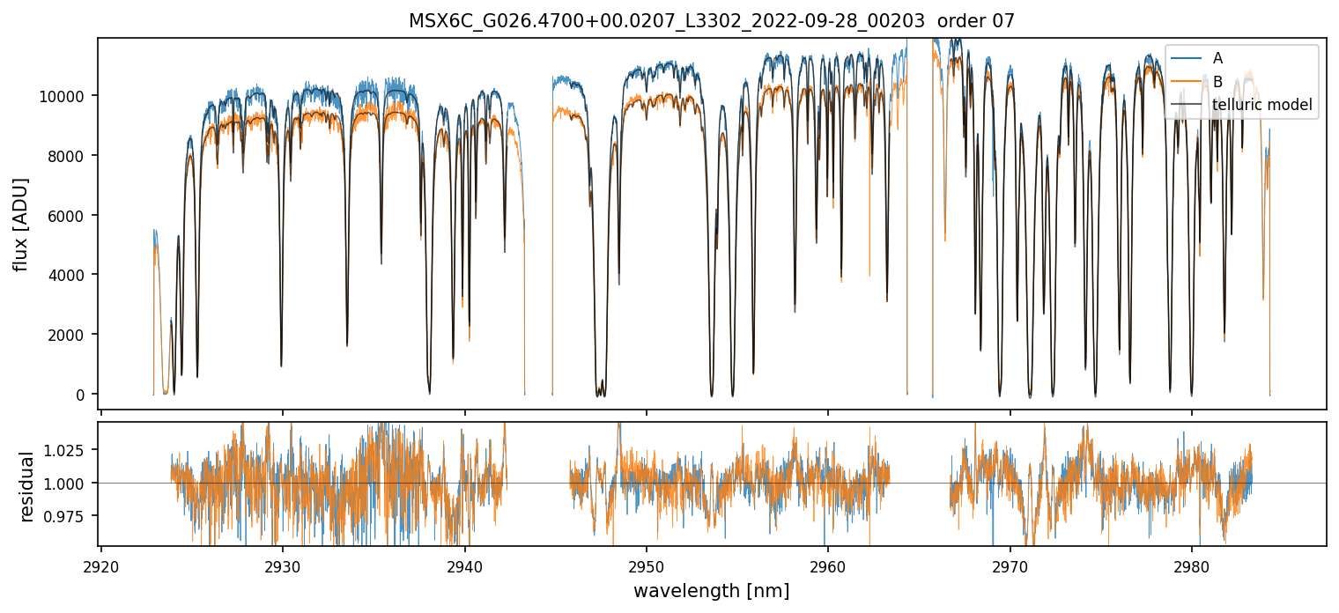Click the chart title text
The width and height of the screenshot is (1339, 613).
(711, 21)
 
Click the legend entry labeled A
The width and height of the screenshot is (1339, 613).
(1217, 58)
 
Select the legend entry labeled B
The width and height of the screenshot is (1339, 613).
(1217, 82)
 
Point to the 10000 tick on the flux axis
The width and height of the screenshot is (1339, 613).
(63, 96)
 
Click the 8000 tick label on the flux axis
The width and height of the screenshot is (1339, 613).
(67, 156)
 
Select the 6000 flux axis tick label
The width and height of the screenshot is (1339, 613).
(67, 216)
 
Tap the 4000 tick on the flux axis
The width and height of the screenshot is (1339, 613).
(67, 275)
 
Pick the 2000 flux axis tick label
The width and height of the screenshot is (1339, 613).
(67, 335)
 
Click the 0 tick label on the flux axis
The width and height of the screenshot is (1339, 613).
(80, 395)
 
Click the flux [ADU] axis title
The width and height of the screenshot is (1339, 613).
(20, 224)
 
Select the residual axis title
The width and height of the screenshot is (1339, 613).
(26, 486)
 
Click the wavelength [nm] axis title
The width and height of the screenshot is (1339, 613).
(711, 591)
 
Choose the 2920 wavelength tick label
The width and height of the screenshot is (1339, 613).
(101, 564)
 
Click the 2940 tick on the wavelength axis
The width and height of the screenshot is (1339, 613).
(464, 564)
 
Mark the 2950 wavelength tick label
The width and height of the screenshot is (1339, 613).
(647, 564)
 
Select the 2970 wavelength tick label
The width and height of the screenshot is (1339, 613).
(1010, 564)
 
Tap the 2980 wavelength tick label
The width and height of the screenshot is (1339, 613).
(1192, 564)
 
